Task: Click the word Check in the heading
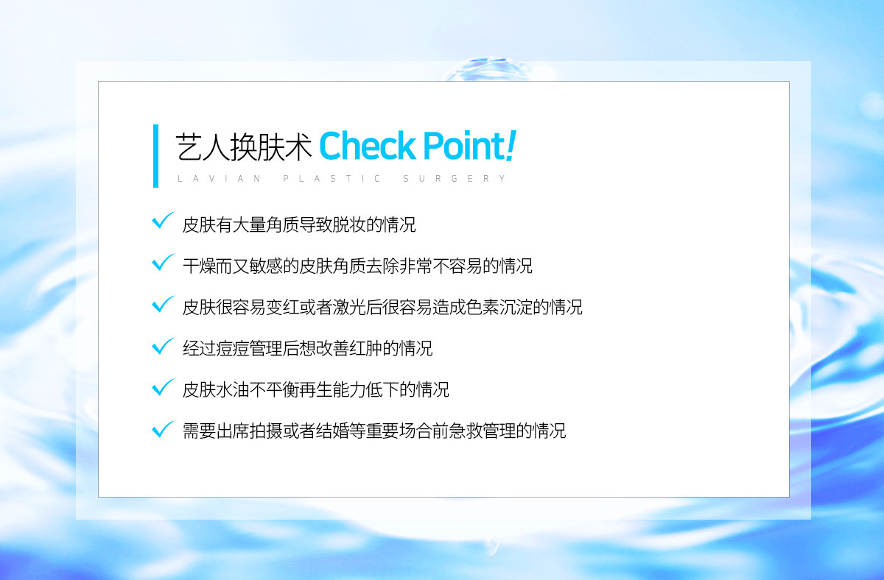click(368, 146)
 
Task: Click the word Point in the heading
click(464, 146)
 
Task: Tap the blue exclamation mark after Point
click(511, 145)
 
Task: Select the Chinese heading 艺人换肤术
click(244, 146)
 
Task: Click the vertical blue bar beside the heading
click(155, 156)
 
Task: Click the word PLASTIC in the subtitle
click(331, 179)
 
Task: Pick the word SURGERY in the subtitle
click(455, 179)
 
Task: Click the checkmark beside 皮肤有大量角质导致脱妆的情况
click(162, 220)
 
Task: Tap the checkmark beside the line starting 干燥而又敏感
click(162, 262)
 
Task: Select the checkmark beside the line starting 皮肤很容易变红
click(162, 304)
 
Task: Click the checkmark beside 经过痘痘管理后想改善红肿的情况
click(162, 346)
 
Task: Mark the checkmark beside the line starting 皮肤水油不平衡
click(162, 387)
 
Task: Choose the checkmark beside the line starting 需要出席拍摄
click(162, 429)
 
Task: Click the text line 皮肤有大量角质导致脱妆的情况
click(299, 224)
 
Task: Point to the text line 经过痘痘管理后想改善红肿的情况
click(307, 348)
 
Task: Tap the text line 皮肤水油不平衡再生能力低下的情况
click(316, 389)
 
